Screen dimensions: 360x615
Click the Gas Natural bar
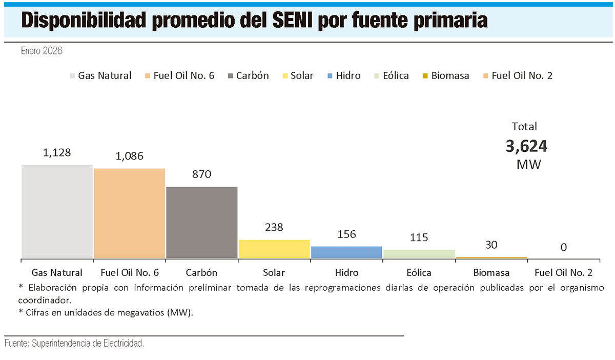(57, 211)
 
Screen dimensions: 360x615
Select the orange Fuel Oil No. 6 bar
(129, 213)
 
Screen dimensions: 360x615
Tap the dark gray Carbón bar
(202, 223)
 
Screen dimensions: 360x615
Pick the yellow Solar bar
(274, 249)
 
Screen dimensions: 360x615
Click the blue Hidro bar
(346, 252)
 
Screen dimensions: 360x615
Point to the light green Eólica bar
(419, 254)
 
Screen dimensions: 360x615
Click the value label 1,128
(56, 152)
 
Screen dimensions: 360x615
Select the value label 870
(201, 174)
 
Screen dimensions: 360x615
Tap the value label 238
(274, 227)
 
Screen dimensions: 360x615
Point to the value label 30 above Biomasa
(491, 245)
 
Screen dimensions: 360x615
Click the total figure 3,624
(526, 147)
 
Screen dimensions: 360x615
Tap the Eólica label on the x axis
(419, 272)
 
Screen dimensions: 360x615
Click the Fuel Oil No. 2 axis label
(563, 272)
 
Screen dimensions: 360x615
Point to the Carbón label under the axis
(201, 272)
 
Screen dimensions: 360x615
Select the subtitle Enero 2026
(42, 51)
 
